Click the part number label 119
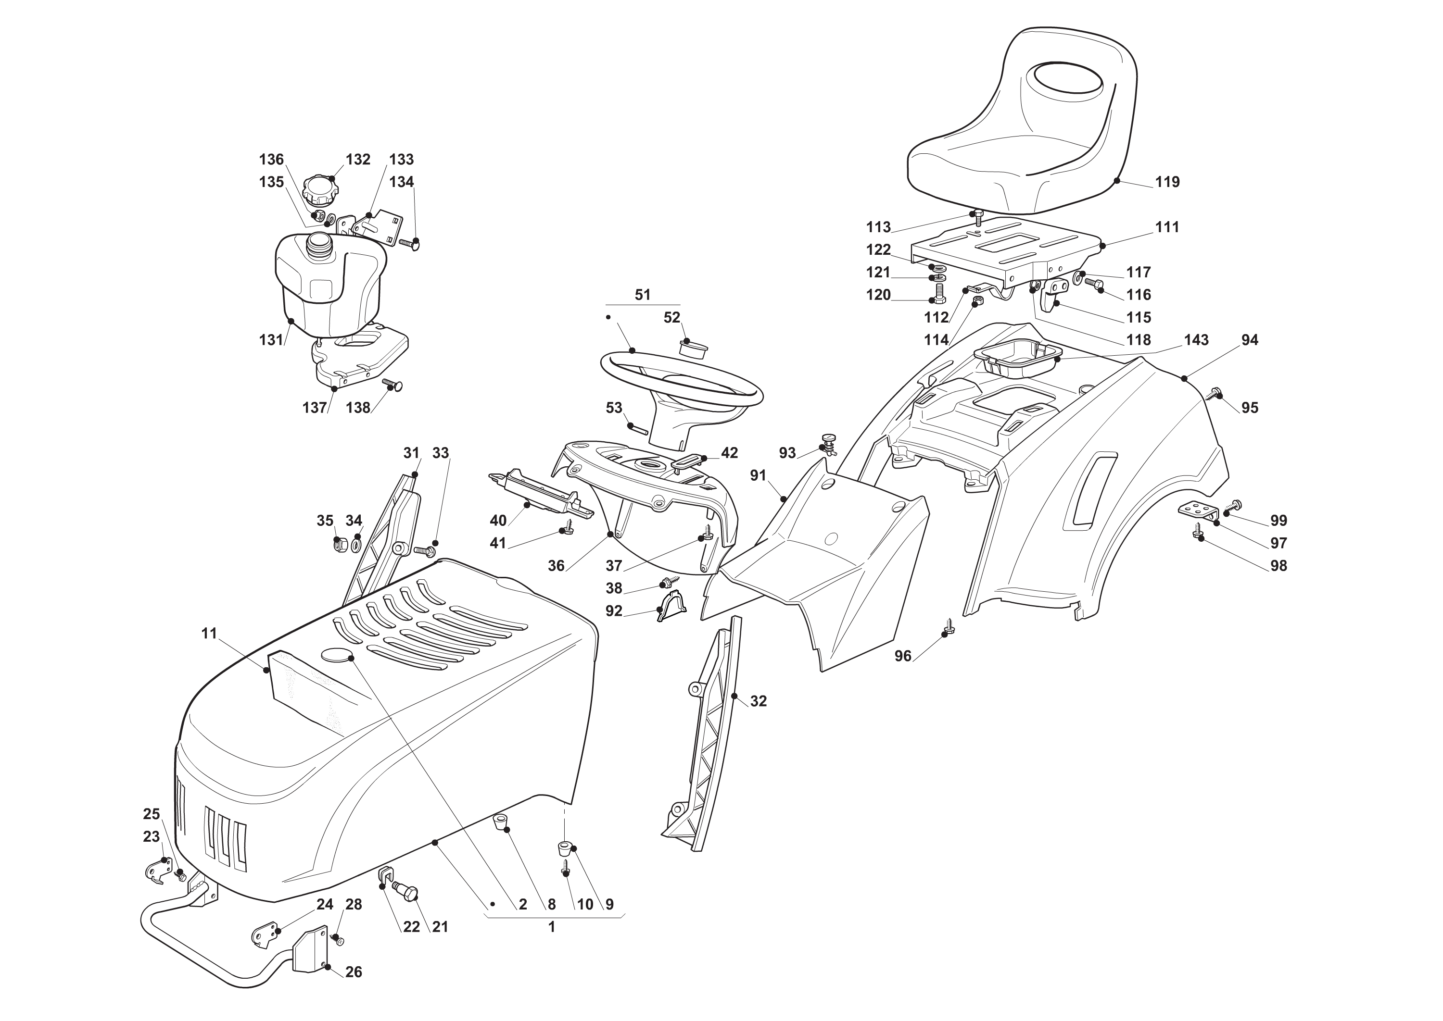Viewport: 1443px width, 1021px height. tap(1167, 182)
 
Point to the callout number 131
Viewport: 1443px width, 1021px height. tap(271, 340)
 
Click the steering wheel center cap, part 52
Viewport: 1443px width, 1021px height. tap(693, 347)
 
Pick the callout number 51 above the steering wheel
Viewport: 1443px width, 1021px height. tap(642, 295)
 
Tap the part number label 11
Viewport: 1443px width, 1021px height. tap(209, 633)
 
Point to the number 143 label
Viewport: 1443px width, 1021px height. tap(1196, 340)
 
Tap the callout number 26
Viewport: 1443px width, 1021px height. tap(354, 972)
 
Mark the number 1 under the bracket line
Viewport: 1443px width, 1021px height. tap(552, 927)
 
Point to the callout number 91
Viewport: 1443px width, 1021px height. tap(758, 476)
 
